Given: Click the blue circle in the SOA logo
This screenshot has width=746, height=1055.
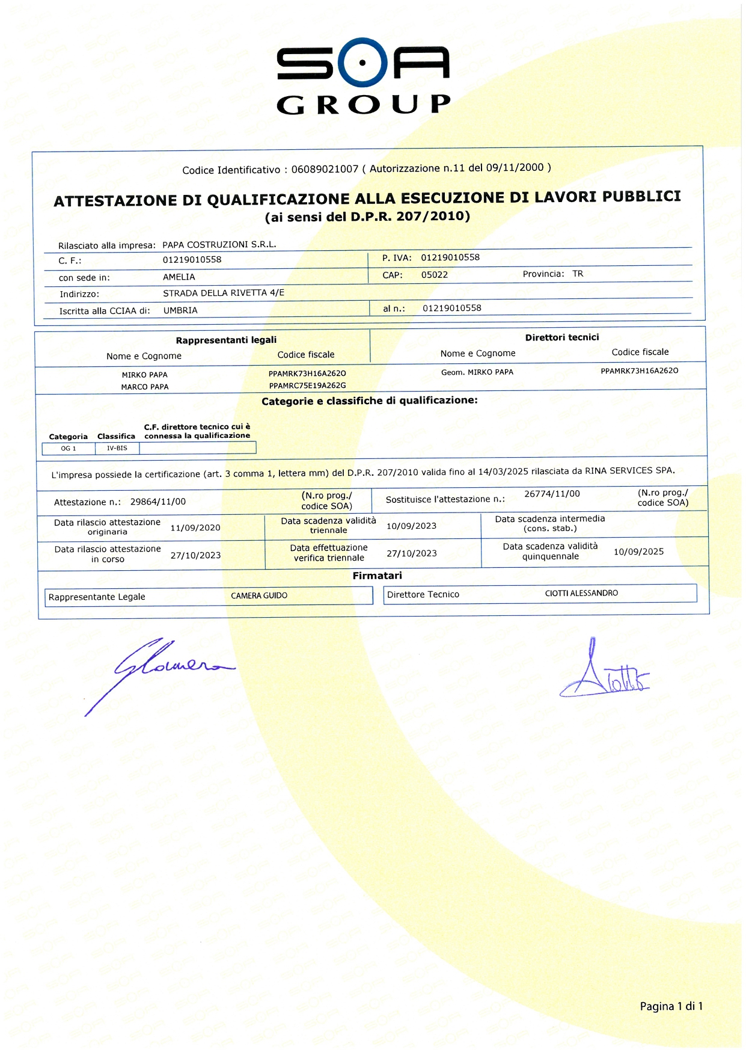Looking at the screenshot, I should coord(362,62).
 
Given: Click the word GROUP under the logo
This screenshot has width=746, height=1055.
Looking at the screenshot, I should coord(363,105).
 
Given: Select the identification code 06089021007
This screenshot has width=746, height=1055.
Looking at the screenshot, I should coord(325,170).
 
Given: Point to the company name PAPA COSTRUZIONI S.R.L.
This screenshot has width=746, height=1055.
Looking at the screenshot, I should coord(219,245).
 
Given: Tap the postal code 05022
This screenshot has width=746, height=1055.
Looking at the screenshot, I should coord(434,275).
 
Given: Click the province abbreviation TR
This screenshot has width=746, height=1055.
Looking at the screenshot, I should coord(578,274).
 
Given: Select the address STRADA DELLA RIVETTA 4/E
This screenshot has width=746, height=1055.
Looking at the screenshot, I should coord(224,293).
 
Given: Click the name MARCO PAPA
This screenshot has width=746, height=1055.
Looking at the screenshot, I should coord(145,387).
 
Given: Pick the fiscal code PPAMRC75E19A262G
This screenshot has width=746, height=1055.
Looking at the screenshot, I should coord(307,386).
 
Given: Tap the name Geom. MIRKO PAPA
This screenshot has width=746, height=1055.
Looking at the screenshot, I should coord(477,372).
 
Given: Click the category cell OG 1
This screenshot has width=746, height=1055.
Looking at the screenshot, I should coord(69,449).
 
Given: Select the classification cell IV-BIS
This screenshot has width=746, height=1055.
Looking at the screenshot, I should coord(117,448).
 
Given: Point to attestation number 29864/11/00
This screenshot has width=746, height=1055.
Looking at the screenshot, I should coord(158,502).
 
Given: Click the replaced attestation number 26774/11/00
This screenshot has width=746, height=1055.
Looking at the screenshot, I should coord(552,494).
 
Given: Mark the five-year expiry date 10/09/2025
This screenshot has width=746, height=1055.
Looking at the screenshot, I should coord(638,552).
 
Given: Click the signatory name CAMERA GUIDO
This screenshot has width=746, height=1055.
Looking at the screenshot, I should coord(259,595).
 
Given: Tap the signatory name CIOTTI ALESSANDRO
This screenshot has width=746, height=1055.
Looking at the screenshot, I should coord(581,593).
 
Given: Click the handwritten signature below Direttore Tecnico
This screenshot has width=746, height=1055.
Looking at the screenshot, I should coord(604,674).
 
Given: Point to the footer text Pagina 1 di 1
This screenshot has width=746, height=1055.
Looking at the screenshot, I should coord(671,1006).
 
